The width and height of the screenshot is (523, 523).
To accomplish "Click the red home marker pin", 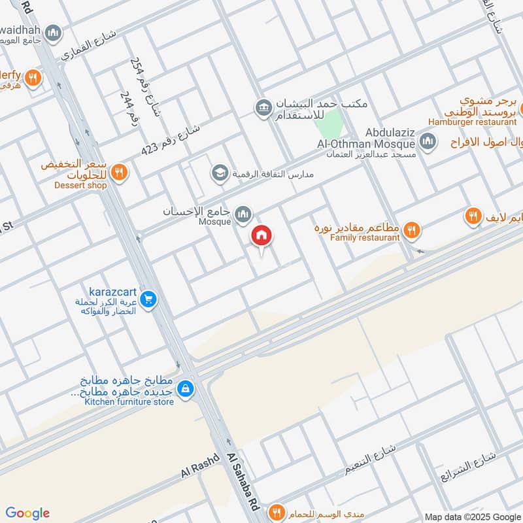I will point(261,237).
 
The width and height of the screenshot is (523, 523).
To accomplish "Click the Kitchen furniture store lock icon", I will point(186,388).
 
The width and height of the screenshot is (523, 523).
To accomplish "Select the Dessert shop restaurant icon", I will point(118,173).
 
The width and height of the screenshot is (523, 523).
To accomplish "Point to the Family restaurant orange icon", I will point(411,229).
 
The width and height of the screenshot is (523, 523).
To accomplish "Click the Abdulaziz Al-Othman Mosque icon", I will point(428,141).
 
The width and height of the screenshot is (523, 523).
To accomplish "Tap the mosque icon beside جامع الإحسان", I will point(243,214).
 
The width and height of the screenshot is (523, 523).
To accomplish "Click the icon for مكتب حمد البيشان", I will point(263,107).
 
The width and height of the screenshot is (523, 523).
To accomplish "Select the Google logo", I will point(27,513).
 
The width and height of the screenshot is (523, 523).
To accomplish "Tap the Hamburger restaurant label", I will point(472,122).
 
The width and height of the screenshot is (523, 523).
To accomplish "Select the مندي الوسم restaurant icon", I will point(278,511).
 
